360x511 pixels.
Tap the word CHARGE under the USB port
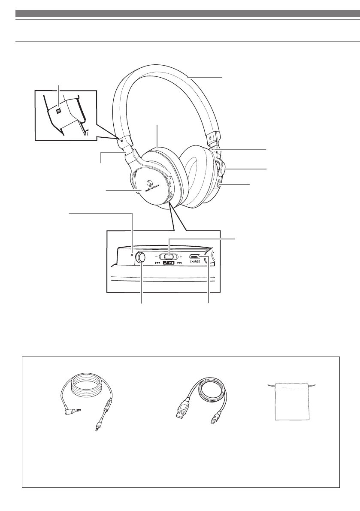click(195, 261)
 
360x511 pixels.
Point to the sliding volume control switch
click(169, 256)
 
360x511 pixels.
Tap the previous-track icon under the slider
click(157, 262)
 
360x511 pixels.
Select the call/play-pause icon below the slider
click(169, 262)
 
